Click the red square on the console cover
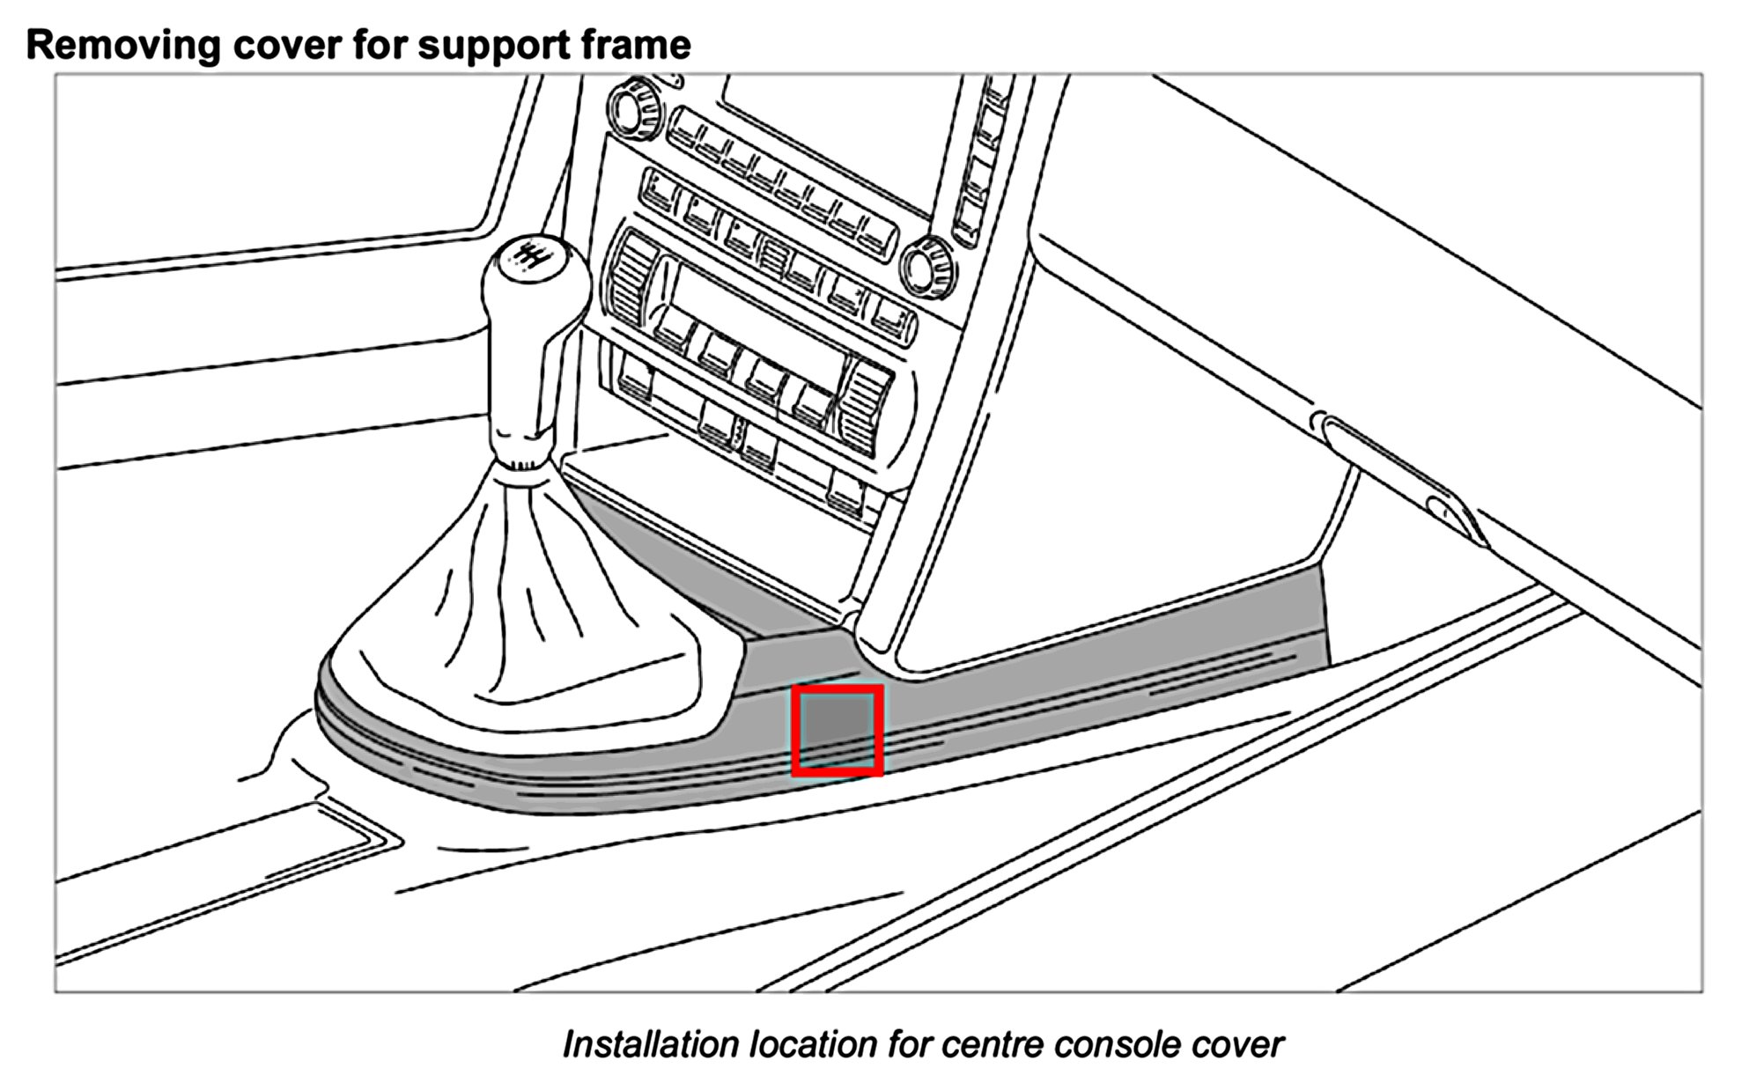837,731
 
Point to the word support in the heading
498,44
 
